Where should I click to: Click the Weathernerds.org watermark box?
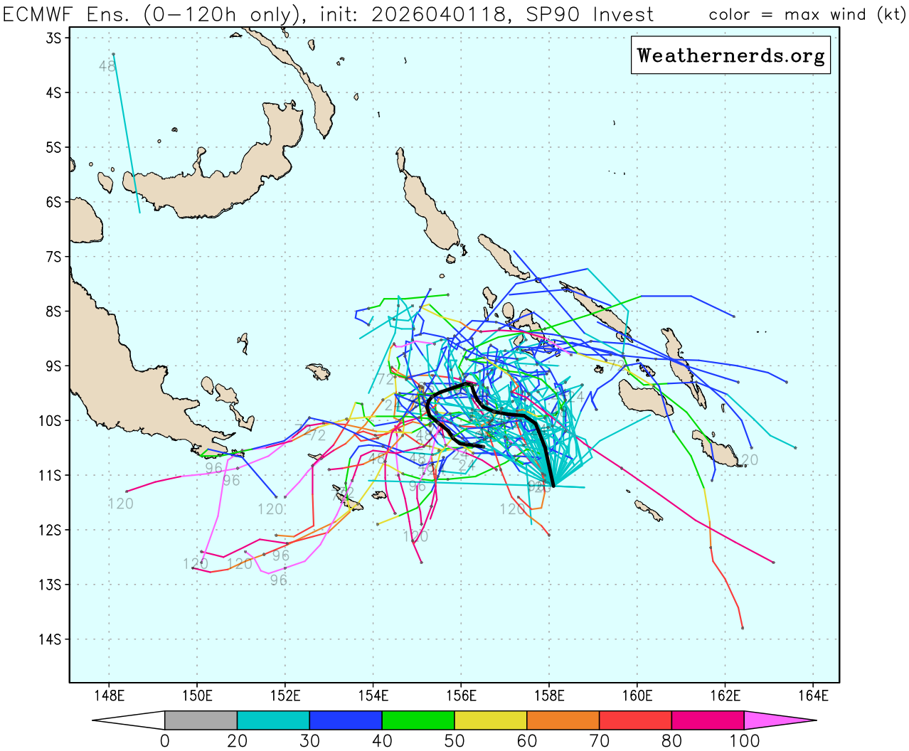point(730,55)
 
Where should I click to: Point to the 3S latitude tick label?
point(53,38)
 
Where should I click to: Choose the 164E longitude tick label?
point(813,696)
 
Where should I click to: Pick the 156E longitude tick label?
point(461,696)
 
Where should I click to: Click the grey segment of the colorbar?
point(201,720)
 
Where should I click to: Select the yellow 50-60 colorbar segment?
point(490,720)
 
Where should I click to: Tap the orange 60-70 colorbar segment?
point(563,720)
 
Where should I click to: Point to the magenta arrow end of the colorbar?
point(779,720)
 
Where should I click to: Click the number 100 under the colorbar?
point(743,741)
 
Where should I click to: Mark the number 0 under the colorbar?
point(165,741)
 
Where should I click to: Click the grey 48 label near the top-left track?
point(107,66)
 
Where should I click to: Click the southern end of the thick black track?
point(553,485)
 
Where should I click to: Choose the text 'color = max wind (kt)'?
point(807,14)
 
